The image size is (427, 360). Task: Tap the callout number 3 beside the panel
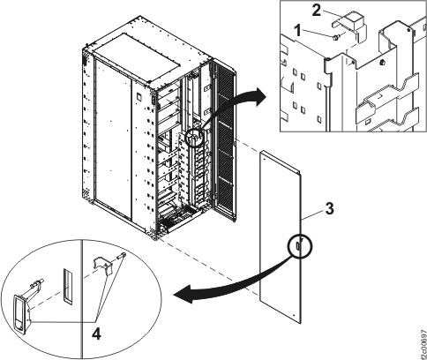327,212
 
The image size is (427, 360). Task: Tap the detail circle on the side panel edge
298,247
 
